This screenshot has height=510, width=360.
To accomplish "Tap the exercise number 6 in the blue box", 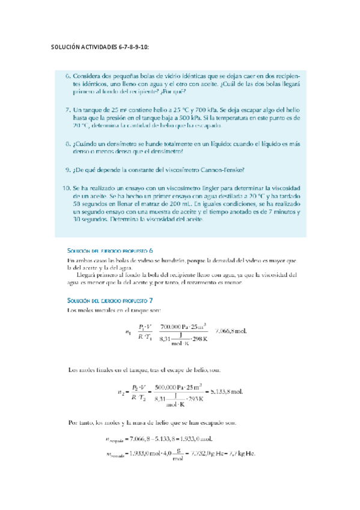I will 67,77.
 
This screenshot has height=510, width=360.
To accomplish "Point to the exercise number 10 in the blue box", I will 66,188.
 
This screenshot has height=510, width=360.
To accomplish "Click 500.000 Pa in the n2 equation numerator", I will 173,387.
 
